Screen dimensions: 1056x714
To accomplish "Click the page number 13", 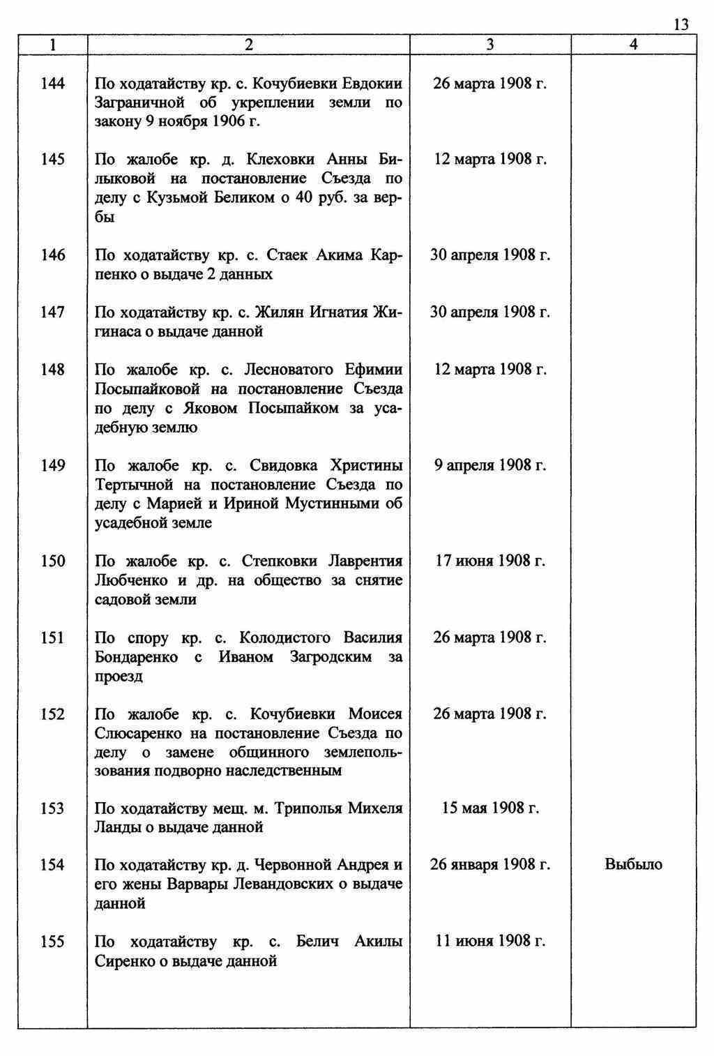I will pyautogui.click(x=681, y=25).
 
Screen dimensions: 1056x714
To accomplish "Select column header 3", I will pyautogui.click(x=490, y=45).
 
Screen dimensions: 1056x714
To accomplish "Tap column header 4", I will pyautogui.click(x=633, y=45).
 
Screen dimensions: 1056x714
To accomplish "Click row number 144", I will pyautogui.click(x=53, y=84).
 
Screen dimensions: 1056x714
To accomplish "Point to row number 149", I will pyautogui.click(x=53, y=465).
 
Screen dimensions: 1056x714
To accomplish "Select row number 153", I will pyautogui.click(x=53, y=808).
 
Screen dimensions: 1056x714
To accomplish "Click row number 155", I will pyautogui.click(x=53, y=942).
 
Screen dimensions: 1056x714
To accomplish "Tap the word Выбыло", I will pyautogui.click(x=633, y=865).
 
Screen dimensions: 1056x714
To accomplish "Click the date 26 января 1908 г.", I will pyautogui.click(x=490, y=865).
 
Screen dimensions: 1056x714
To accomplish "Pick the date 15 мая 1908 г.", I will pyautogui.click(x=490, y=808).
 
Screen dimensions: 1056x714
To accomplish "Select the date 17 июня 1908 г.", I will pyautogui.click(x=490, y=561).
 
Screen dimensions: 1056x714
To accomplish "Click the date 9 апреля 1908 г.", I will pyautogui.click(x=490, y=465).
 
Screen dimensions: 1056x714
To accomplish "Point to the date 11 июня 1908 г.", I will pyautogui.click(x=490, y=942).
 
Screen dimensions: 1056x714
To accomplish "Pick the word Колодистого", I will pyautogui.click(x=284, y=638).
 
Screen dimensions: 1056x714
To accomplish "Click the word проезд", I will pyautogui.click(x=119, y=677).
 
